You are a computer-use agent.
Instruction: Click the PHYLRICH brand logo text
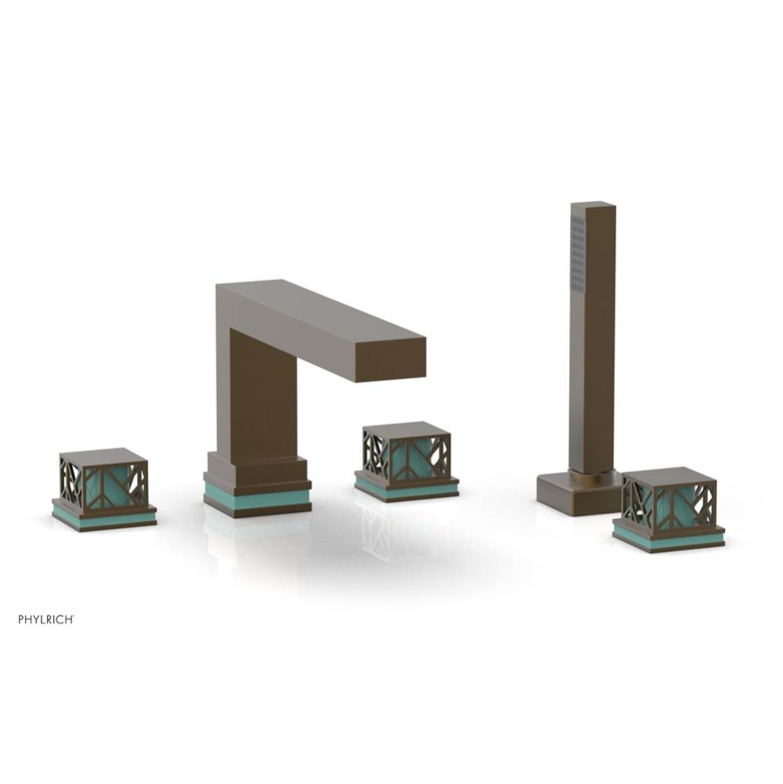(46, 619)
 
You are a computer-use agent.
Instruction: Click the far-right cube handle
(668, 506)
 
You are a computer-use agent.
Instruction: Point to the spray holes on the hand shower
(578, 253)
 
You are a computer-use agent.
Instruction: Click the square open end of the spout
(400, 360)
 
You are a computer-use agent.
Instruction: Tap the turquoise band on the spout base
(257, 500)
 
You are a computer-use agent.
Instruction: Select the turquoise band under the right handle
(668, 539)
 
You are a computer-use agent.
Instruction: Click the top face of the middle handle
(406, 429)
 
